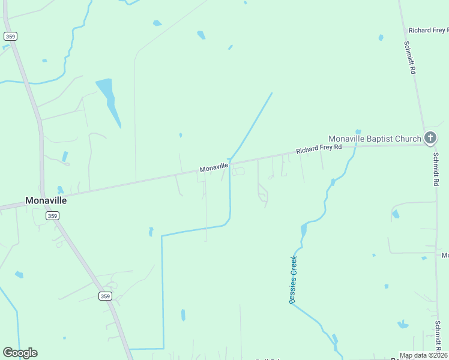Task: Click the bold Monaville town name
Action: [x=46, y=200]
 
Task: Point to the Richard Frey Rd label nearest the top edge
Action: [x=428, y=30]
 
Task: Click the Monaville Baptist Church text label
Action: [x=375, y=139]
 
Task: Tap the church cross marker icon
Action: [x=430, y=139]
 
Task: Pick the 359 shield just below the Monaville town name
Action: [x=53, y=215]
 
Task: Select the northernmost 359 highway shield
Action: [x=10, y=37]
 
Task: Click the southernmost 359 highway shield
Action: [x=105, y=296]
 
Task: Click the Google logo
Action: [x=20, y=353]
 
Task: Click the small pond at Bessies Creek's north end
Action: [x=358, y=131]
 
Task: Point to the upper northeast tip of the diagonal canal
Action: [x=272, y=93]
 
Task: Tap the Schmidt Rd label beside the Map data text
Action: [x=438, y=336]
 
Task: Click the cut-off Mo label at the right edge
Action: [x=445, y=256]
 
